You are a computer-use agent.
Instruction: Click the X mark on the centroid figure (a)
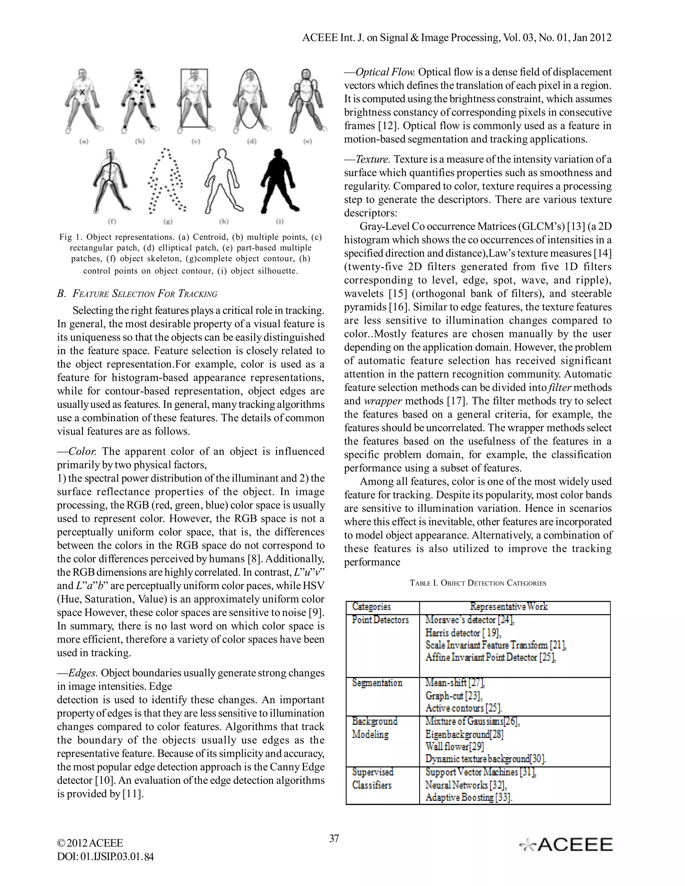[x=82, y=93]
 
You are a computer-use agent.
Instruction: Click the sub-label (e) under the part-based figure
[x=308, y=141]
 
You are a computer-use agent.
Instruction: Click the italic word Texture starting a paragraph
[x=373, y=159]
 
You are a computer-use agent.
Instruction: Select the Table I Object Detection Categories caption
[x=478, y=583]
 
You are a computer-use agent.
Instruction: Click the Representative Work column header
[x=509, y=606]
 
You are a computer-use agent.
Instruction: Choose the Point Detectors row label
[x=380, y=620]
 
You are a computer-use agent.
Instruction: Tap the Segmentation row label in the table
[x=377, y=683]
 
